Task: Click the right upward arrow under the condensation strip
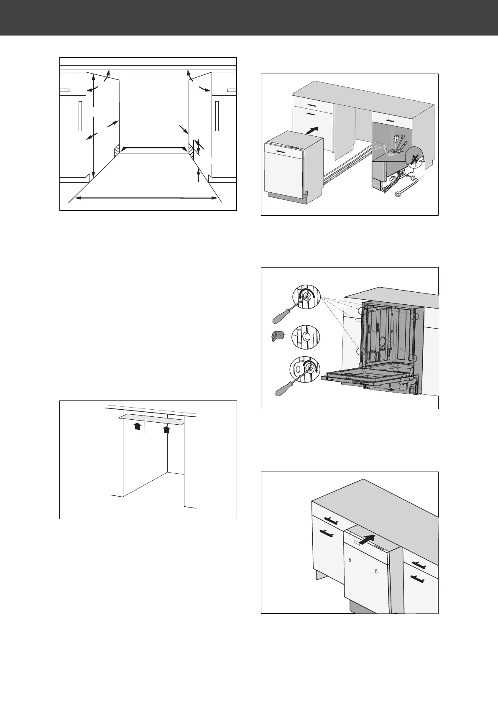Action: point(167,430)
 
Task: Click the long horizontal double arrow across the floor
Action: point(146,198)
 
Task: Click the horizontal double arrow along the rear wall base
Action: point(153,148)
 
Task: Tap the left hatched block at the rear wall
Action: point(117,149)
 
